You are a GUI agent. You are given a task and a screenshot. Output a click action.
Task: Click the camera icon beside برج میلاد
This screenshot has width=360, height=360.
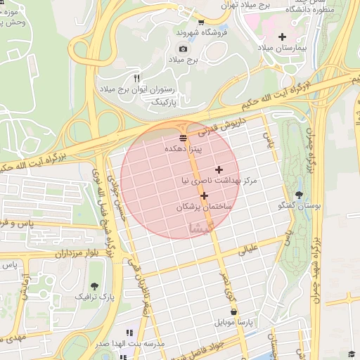tap(184, 49)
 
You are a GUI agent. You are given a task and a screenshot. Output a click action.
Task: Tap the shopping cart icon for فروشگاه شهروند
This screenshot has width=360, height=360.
tap(201, 22)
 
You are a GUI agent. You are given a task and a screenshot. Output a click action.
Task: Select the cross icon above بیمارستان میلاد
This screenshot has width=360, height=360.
tap(282, 37)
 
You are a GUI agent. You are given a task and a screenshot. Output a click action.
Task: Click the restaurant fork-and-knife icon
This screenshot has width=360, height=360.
tap(136, 78)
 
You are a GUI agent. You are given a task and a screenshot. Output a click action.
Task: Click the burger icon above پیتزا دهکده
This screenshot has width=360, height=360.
tap(183, 138)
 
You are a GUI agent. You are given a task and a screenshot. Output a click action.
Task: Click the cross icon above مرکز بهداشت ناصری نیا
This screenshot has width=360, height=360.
tap(219, 169)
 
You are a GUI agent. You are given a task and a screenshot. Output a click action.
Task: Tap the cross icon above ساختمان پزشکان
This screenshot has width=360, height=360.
tap(204, 196)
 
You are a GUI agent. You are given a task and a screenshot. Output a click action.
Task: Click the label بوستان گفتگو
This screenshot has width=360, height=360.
tap(300, 206)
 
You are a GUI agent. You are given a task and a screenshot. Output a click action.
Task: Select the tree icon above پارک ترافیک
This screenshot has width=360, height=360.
tap(94, 286)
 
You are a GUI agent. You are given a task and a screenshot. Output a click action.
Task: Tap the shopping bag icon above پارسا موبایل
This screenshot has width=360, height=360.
tap(233, 311)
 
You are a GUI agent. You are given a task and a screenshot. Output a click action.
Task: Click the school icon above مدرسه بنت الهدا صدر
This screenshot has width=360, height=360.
tap(129, 333)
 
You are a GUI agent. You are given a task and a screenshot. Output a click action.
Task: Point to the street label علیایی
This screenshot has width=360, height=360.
tap(250, 248)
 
